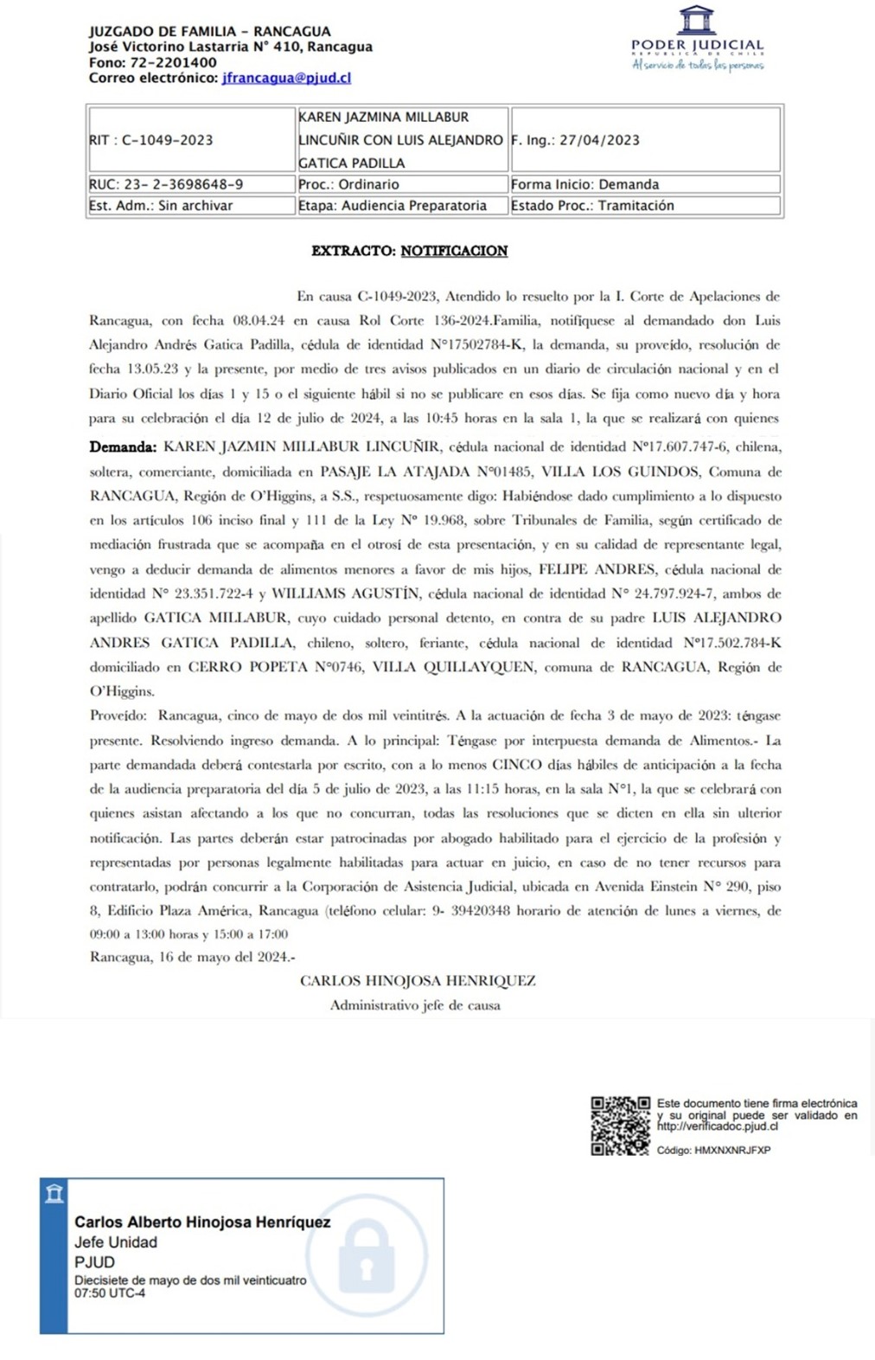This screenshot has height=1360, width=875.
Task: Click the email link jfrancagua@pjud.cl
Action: point(286,78)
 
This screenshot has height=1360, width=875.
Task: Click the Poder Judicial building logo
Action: point(696,20)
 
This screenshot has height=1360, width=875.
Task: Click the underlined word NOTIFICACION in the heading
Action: point(454,251)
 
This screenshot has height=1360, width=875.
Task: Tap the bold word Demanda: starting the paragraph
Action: point(123,447)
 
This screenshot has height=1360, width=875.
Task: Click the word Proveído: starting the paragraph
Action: point(118,715)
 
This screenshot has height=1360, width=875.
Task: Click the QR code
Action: point(620,1125)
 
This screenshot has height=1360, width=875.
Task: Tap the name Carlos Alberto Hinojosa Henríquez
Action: point(202,1222)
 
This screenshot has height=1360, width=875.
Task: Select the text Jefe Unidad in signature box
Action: point(116,1242)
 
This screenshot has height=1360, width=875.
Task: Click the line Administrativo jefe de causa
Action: point(415,1005)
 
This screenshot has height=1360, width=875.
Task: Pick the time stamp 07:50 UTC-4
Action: point(110,1293)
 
